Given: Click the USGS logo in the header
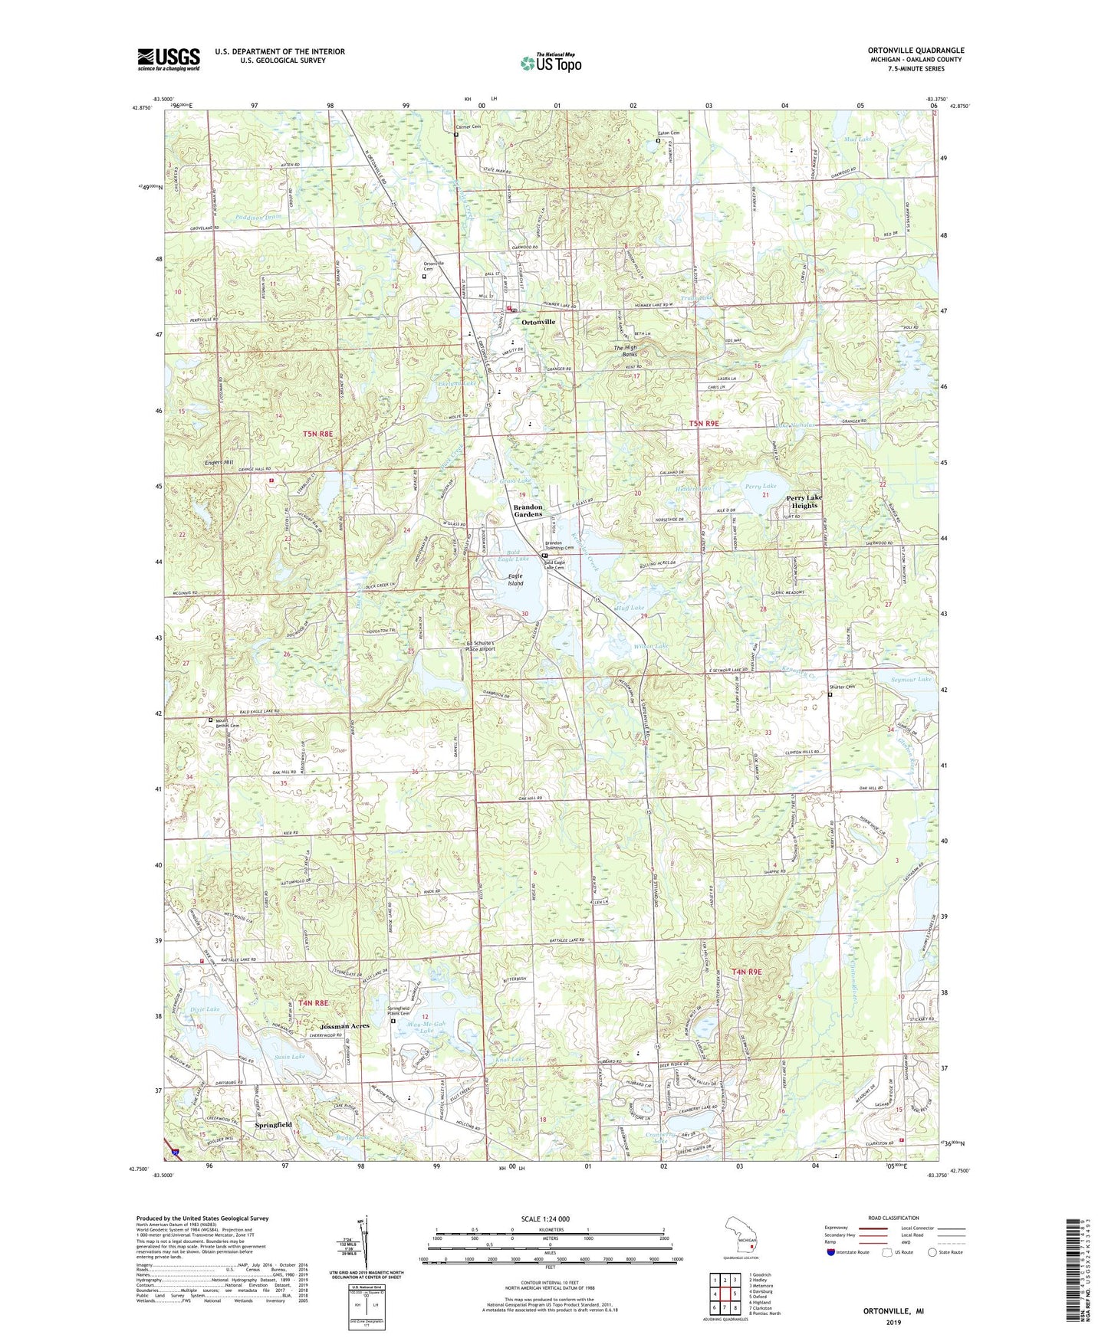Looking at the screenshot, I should [169, 58].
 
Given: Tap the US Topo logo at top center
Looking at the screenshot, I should [551, 63].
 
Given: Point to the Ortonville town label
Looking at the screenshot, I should [538, 323].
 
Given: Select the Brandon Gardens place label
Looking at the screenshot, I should [528, 510].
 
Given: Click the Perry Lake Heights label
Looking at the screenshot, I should [804, 501].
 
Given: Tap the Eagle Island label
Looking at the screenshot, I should [515, 579].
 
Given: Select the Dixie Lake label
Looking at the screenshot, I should [205, 1009].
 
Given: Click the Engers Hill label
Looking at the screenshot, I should [219, 462].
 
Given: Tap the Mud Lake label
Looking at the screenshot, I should [857, 139].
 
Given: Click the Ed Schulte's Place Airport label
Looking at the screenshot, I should [481, 646].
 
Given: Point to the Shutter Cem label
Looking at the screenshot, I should [841, 687].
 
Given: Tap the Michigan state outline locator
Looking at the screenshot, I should [741, 1235].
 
